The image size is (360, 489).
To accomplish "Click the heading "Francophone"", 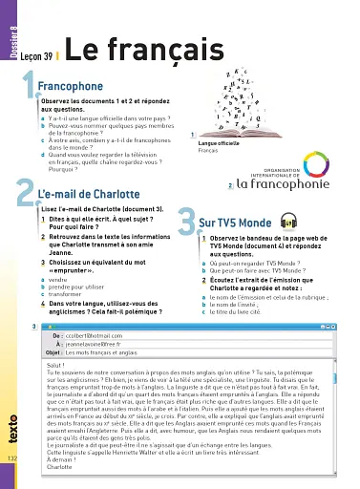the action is click(73, 88).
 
